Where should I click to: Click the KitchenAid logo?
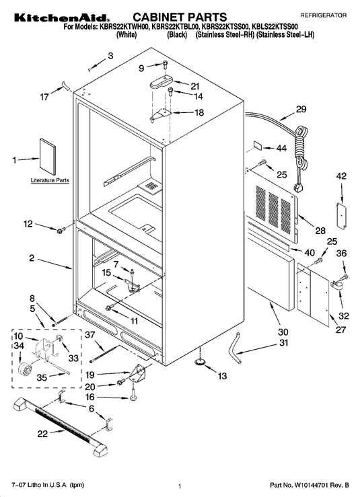(x=62, y=17)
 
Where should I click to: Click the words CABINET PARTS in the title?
(x=180, y=17)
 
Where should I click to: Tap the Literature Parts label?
(x=50, y=180)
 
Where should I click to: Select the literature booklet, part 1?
(x=48, y=156)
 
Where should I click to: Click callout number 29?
(x=301, y=109)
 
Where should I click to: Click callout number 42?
(x=341, y=176)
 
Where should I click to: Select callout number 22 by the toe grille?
(x=42, y=434)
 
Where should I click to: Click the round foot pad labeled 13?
(x=200, y=361)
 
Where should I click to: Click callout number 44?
(x=281, y=148)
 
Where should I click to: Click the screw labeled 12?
(x=61, y=231)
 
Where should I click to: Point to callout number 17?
(x=44, y=96)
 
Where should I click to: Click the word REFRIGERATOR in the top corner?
(x=323, y=15)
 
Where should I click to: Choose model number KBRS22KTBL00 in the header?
(x=175, y=27)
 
